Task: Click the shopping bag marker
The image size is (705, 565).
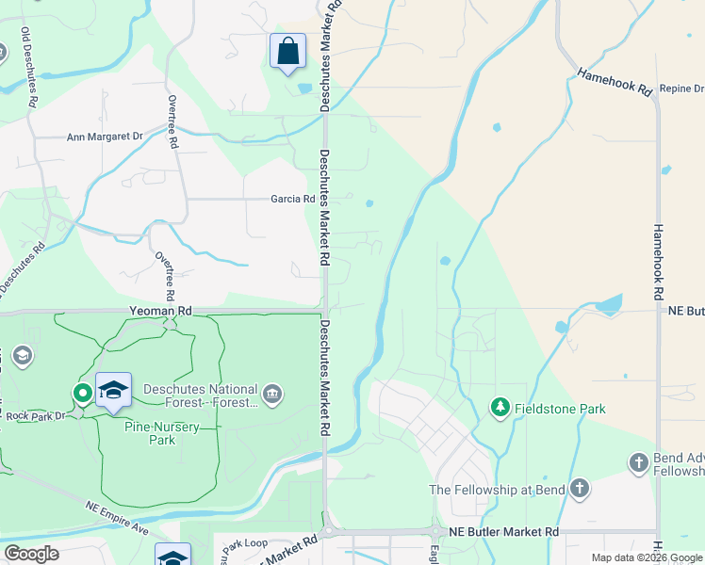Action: click(x=287, y=52)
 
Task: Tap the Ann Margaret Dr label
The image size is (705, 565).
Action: click(x=105, y=137)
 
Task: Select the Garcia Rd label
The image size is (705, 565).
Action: click(x=292, y=199)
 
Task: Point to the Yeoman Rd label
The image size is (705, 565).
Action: click(x=160, y=310)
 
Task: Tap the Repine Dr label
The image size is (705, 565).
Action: click(x=682, y=87)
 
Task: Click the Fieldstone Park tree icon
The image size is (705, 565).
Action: click(x=500, y=408)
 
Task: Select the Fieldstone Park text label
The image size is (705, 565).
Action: click(x=559, y=409)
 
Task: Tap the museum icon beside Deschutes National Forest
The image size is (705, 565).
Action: click(x=271, y=393)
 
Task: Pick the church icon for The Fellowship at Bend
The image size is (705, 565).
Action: click(x=580, y=489)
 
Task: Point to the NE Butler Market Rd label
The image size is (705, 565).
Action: click(x=503, y=532)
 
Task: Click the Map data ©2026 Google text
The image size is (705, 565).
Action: click(x=647, y=557)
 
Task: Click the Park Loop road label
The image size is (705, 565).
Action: click(x=246, y=544)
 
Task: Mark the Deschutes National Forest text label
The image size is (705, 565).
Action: click(x=200, y=395)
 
